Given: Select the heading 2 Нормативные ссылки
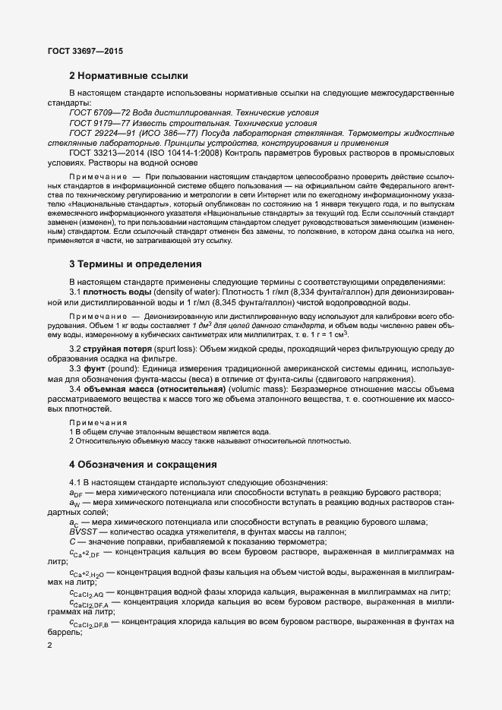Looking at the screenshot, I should coord(128,76).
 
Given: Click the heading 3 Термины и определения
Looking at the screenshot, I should coord(135,264).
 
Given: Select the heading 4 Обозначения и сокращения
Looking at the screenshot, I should coord(143,464).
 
